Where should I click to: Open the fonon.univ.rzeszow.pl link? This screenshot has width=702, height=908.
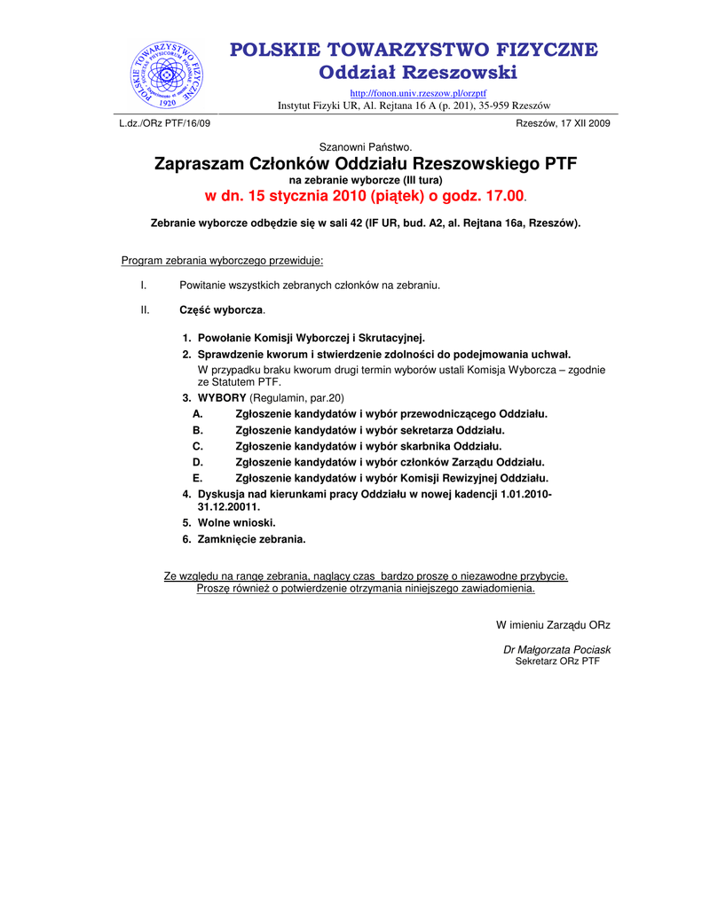pos(418,93)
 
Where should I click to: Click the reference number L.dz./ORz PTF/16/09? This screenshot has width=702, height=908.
pos(165,123)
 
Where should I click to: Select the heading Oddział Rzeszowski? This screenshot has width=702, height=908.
pos(418,72)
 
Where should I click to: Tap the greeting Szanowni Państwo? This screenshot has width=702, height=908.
pos(366,146)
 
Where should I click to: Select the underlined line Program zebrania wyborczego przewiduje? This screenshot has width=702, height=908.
pos(223,261)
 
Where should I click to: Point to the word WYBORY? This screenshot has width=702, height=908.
pos(222,397)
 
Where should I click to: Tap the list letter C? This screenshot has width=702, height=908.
pos(198,446)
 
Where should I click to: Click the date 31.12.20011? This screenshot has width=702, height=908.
pos(223,506)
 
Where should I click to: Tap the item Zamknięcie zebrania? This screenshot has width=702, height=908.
pos(251,538)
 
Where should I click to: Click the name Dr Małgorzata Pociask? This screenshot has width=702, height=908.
pos(556,650)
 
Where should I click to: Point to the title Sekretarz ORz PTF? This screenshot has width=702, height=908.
pos(557,661)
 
